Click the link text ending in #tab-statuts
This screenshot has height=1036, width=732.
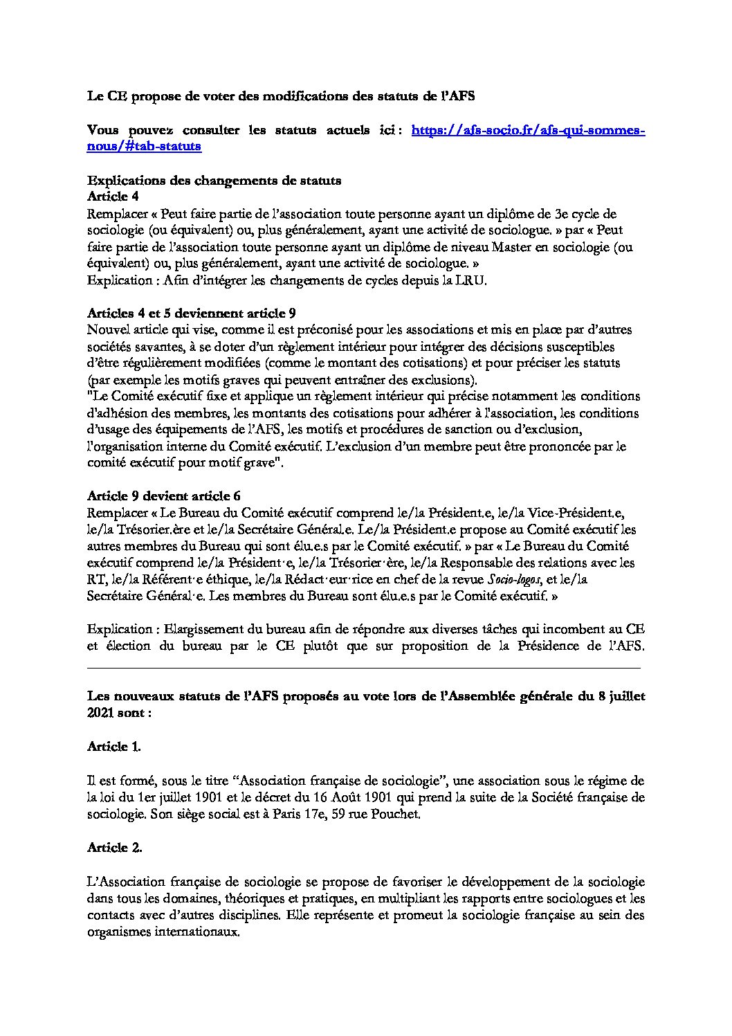coord(144,146)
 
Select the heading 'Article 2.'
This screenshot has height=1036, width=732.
coord(114,847)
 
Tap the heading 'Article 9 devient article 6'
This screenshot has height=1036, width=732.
coord(163,496)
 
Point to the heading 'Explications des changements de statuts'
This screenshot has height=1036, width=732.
coord(214,181)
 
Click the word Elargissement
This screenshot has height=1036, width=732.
coord(210,629)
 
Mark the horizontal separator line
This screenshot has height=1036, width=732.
coord(364,668)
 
